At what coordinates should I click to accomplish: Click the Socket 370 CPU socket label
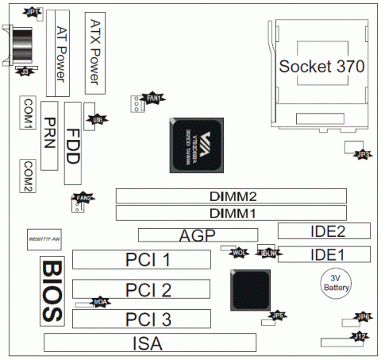click(321, 67)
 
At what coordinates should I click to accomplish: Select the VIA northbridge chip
click(198, 144)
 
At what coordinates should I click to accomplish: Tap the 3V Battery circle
click(334, 285)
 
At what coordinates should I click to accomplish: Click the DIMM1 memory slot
click(231, 213)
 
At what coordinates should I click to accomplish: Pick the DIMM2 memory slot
click(231, 195)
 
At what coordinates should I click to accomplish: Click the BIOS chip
click(52, 289)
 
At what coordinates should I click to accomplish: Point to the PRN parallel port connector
click(50, 135)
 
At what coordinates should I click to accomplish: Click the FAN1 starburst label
click(153, 99)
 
